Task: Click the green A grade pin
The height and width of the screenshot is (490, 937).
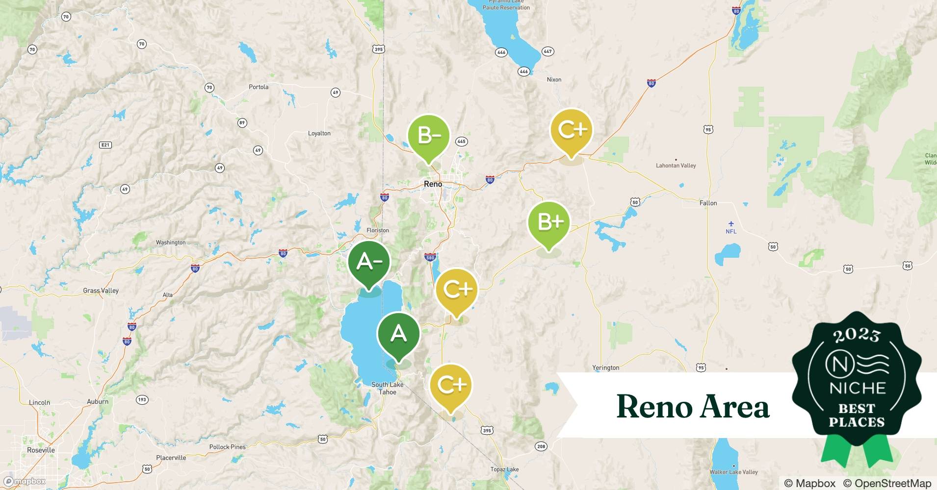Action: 398,335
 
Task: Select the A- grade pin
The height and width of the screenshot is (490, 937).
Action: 369,263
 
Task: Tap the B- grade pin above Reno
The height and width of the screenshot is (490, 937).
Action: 429,135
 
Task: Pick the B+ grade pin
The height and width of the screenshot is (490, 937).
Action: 549,223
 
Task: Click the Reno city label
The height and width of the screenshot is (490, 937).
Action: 433,184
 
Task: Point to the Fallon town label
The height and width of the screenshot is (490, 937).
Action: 708,203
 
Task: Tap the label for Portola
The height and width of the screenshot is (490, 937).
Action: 259,87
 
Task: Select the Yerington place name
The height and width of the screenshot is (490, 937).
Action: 605,367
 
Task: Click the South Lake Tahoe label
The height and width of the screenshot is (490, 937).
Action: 388,388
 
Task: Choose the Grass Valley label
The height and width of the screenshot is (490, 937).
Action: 101,291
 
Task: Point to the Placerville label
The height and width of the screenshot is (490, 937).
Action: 171,458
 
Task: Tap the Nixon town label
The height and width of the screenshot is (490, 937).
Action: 554,79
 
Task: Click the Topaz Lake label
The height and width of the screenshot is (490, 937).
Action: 504,469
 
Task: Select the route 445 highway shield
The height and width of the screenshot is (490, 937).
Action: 461,142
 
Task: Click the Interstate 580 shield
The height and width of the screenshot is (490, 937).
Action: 430,257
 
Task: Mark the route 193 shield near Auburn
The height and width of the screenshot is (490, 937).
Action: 142,400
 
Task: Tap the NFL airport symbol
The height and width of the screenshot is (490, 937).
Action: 731,224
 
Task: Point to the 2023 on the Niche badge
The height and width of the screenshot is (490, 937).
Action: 857,335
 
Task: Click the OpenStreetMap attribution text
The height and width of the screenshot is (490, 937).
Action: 887,483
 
